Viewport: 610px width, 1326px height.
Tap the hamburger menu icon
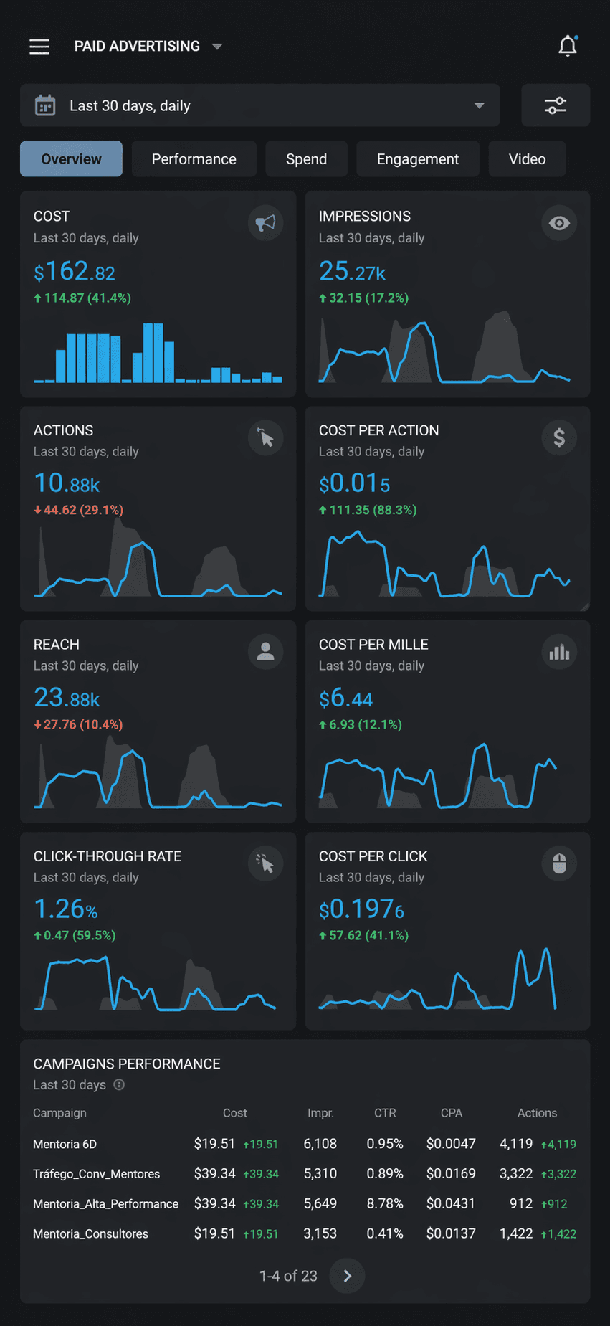coord(39,47)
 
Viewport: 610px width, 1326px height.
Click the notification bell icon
coord(568,47)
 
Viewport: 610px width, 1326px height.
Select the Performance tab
coord(194,159)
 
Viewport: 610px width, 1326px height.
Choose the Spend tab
coord(306,159)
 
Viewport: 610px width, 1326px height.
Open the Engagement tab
coord(418,159)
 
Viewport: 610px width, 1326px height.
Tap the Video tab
coord(527,159)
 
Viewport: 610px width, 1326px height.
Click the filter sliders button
coord(556,105)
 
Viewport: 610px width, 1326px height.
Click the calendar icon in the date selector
coord(45,106)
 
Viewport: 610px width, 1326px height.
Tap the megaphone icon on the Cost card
coord(265,223)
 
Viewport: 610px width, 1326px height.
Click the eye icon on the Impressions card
coord(559,223)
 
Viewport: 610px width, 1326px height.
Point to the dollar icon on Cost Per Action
coord(559,437)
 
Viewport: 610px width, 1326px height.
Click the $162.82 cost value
coord(75,272)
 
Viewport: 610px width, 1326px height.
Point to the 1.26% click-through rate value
coord(65,909)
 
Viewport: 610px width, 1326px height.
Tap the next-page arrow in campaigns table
coord(347,1276)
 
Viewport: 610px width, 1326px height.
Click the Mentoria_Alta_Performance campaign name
coord(105,1204)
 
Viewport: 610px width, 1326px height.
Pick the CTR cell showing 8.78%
coord(385,1203)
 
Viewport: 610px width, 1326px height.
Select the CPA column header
coord(451,1113)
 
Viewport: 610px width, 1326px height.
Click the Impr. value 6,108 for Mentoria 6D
coord(320,1144)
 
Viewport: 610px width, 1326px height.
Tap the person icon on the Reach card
coord(265,652)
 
